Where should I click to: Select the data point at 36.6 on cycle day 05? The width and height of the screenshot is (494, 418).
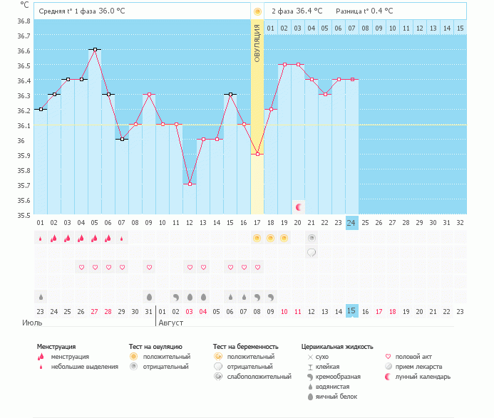(94, 50)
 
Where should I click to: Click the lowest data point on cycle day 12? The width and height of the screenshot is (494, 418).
(190, 184)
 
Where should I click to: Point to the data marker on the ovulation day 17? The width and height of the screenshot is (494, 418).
(257, 154)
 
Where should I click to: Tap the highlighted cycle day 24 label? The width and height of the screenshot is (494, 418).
(351, 223)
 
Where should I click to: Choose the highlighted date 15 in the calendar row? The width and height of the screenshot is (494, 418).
(351, 310)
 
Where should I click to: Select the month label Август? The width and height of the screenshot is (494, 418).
(171, 323)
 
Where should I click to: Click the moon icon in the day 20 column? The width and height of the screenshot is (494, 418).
(299, 207)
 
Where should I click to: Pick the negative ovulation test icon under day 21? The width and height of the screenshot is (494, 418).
(312, 237)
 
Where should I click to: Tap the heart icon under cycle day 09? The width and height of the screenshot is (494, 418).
(149, 267)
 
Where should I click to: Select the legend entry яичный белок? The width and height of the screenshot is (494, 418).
(331, 396)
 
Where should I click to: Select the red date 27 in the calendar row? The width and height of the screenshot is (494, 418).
(94, 310)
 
